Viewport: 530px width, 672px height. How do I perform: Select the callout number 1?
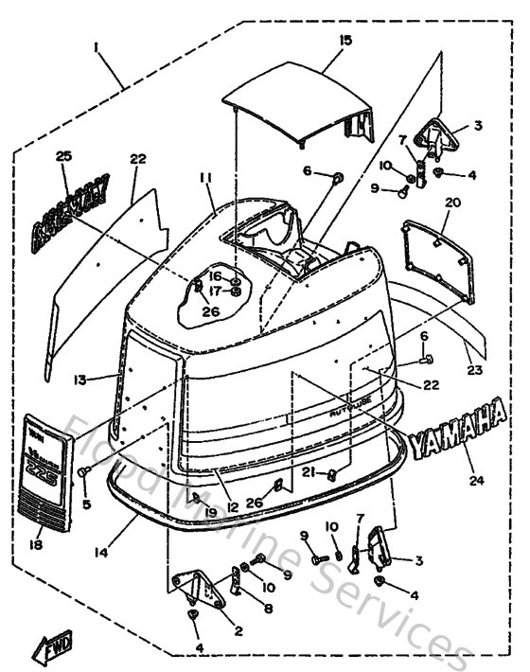click(96, 44)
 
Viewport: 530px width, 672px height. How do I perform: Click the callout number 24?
click(476, 480)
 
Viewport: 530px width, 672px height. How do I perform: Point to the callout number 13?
click(81, 380)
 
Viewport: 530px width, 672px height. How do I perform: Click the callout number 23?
click(473, 370)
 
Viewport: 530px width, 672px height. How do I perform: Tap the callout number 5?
click(86, 504)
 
